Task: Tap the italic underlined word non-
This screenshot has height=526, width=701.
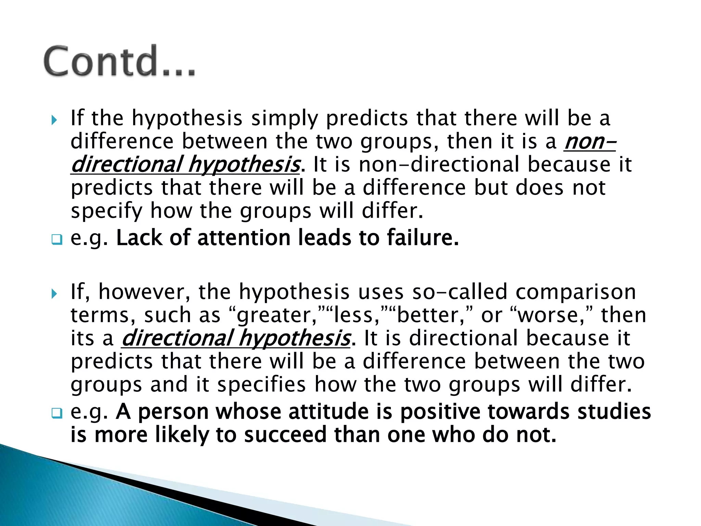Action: point(589,141)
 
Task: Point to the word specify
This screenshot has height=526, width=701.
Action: point(106,211)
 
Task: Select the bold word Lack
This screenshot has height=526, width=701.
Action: point(139,238)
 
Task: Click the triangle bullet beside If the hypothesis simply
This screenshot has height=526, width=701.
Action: point(54,120)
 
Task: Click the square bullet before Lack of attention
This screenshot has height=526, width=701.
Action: point(57,239)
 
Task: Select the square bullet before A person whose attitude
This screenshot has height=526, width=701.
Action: point(57,413)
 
